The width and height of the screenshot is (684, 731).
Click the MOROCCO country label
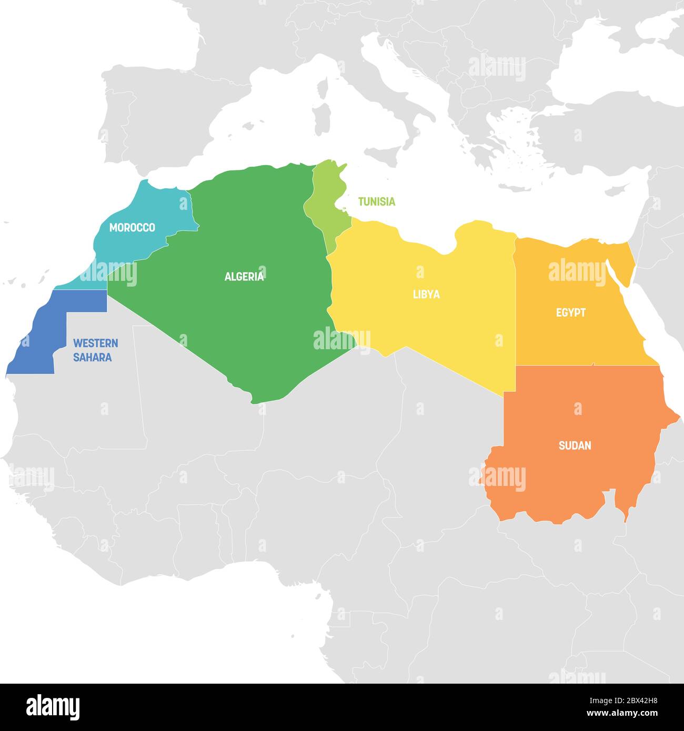(132, 228)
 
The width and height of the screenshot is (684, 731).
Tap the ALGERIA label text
(244, 277)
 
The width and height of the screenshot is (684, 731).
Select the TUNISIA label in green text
(376, 201)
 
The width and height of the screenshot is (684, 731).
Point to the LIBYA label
(426, 295)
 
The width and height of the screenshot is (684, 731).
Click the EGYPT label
(571, 313)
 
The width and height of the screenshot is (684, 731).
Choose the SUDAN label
(575, 446)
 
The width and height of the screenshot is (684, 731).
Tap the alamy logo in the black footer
(53, 707)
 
